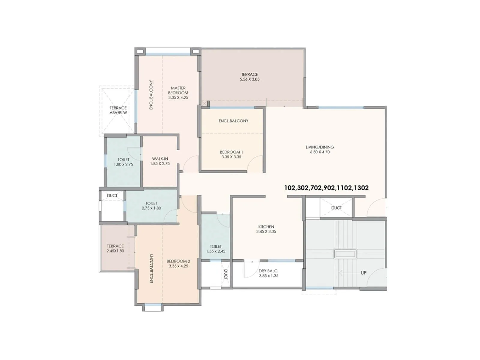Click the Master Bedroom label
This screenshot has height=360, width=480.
[x=178, y=90]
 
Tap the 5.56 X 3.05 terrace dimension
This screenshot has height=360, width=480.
[x=250, y=79]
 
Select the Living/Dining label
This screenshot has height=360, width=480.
[x=320, y=147]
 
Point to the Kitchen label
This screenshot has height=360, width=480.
[x=266, y=227]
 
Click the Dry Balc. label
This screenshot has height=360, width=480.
[x=268, y=271]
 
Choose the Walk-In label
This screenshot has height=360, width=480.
[x=160, y=159]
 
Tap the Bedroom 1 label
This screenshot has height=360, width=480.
[x=231, y=152]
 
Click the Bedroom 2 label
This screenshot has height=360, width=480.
[x=178, y=261]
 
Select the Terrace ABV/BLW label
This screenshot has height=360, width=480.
[x=118, y=110]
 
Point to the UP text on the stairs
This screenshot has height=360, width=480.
[x=364, y=273]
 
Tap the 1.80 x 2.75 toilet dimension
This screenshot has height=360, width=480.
[x=123, y=164]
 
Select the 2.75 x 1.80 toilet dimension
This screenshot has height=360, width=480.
[x=151, y=208]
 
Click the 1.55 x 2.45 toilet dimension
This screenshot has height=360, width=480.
[x=216, y=251]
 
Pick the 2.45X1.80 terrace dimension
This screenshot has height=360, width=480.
[x=115, y=251]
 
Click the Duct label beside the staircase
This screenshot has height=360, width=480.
[x=336, y=208]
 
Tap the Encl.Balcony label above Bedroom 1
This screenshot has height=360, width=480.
[x=233, y=121]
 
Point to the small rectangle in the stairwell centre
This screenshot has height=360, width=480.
[x=346, y=254]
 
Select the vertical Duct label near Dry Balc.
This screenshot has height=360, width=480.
[x=226, y=274]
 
